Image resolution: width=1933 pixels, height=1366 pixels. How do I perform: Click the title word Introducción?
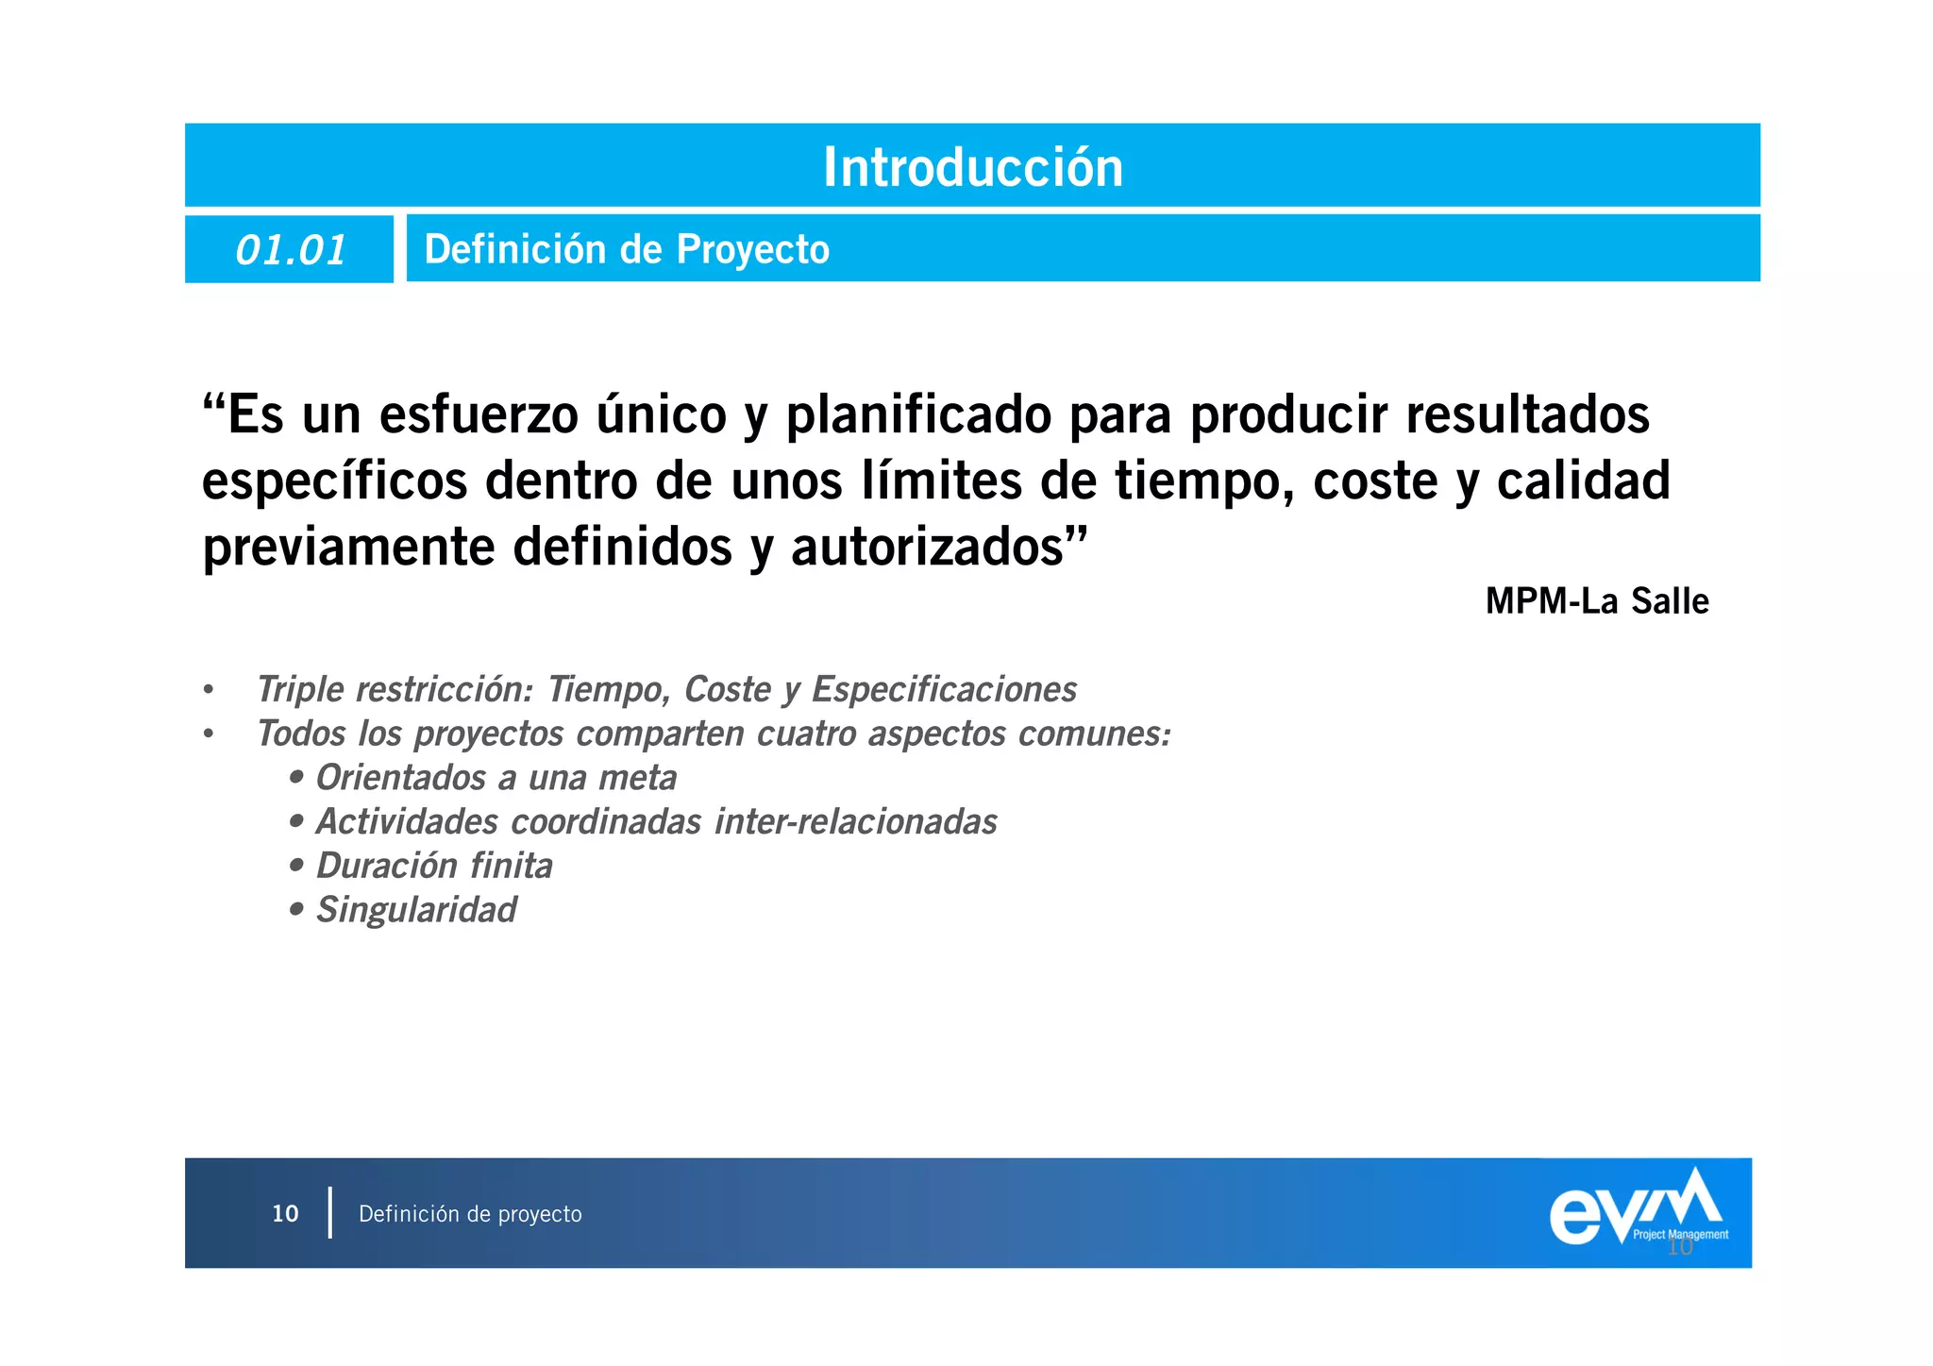(973, 167)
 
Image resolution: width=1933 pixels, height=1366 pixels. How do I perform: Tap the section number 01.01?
(291, 250)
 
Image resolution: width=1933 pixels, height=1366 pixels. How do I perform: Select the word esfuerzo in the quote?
(479, 415)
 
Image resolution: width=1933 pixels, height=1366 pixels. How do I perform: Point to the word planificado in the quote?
(917, 415)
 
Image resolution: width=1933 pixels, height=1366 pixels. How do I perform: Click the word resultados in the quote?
(1527, 415)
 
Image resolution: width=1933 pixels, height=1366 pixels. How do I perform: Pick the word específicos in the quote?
(334, 481)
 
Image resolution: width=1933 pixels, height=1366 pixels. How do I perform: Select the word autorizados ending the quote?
(930, 548)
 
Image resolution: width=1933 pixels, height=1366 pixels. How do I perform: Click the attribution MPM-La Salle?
(1597, 601)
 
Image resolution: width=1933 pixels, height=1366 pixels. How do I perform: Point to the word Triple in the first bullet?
(300, 690)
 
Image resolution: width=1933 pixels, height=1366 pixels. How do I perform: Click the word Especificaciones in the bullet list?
(944, 690)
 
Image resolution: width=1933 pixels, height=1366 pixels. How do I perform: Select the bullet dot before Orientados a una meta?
(297, 778)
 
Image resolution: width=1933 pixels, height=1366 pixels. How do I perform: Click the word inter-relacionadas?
(855, 822)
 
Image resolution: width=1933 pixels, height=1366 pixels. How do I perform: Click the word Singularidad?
(416, 910)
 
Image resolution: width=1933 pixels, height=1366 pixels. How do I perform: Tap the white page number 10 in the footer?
(285, 1214)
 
